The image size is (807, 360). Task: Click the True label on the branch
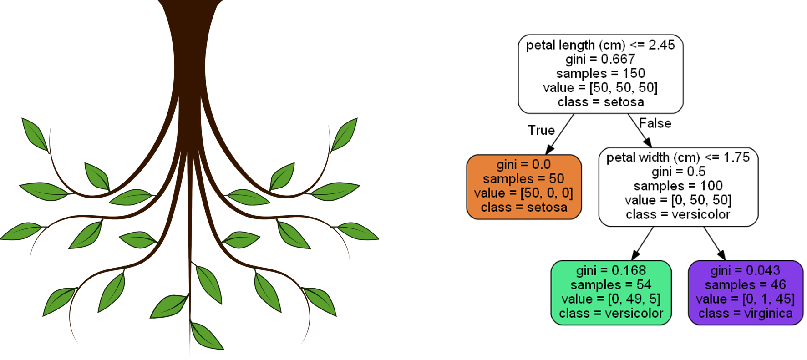click(x=541, y=131)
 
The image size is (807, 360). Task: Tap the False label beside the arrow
click(x=655, y=123)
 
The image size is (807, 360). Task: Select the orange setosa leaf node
click(x=524, y=187)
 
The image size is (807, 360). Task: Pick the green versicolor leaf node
click(x=611, y=293)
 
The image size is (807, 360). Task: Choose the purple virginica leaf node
click(x=746, y=293)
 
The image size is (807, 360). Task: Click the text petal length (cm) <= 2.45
click(x=600, y=45)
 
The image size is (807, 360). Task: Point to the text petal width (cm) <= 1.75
click(x=678, y=157)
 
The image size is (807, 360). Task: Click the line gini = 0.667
click(x=600, y=59)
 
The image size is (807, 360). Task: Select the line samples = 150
click(x=600, y=73)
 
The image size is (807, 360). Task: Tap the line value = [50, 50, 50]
click(x=600, y=87)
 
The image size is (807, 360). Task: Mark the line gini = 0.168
click(x=611, y=270)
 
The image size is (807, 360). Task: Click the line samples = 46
click(x=746, y=285)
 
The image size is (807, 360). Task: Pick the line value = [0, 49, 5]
click(x=611, y=299)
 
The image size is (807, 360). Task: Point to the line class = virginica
click(x=746, y=314)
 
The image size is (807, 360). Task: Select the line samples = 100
click(x=678, y=186)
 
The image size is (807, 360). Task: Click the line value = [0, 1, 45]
click(x=746, y=299)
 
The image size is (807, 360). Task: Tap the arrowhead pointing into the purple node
click(x=721, y=255)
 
